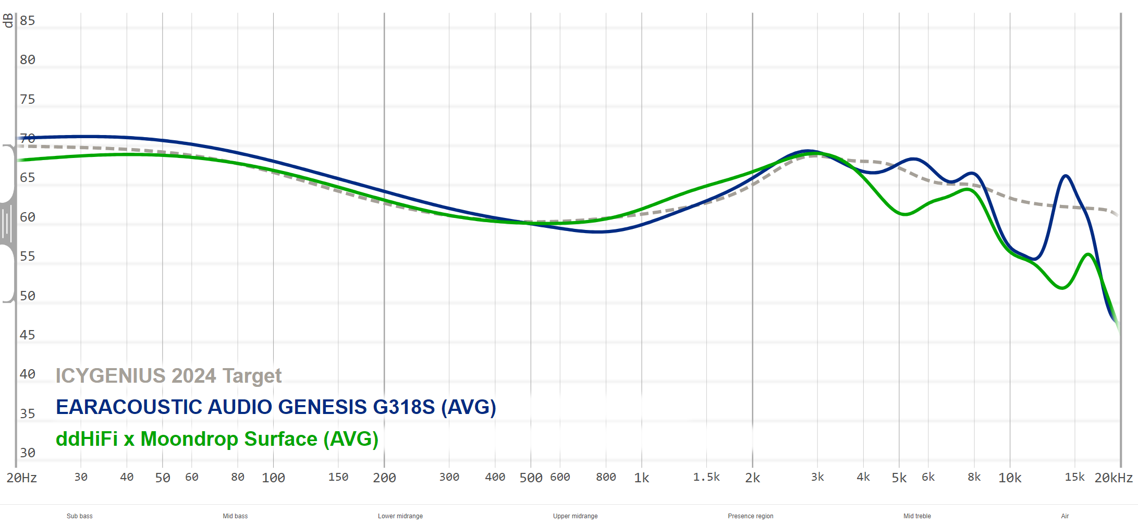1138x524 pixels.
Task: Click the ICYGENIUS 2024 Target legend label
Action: [x=168, y=375]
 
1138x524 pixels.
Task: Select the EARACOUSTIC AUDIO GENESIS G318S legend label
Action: [x=276, y=407]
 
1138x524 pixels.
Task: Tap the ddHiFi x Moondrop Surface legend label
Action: [x=217, y=439]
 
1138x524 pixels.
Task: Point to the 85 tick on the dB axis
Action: [x=27, y=21]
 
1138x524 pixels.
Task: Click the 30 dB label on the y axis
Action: [x=27, y=453]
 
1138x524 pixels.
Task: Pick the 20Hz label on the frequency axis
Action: [x=22, y=478]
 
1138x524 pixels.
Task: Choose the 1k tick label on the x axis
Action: [x=642, y=478]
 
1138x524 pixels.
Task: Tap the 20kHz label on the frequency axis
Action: [x=1113, y=478]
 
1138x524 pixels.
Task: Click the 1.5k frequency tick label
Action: [x=706, y=477]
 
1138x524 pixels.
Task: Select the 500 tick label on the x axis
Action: [x=531, y=478]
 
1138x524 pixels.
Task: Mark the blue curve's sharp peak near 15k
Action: [x=1066, y=176]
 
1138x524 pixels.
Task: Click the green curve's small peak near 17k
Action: [x=1088, y=254]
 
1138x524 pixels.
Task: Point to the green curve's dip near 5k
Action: [x=905, y=214]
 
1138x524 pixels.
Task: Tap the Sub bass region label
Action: [x=80, y=516]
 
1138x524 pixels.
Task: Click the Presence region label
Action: [x=751, y=516]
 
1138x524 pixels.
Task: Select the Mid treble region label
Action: [x=917, y=516]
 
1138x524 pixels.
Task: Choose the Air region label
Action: [x=1065, y=516]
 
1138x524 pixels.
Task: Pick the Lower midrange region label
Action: [x=400, y=516]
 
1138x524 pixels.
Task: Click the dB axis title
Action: [x=8, y=21]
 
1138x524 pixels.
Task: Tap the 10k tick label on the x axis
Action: [x=1010, y=478]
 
